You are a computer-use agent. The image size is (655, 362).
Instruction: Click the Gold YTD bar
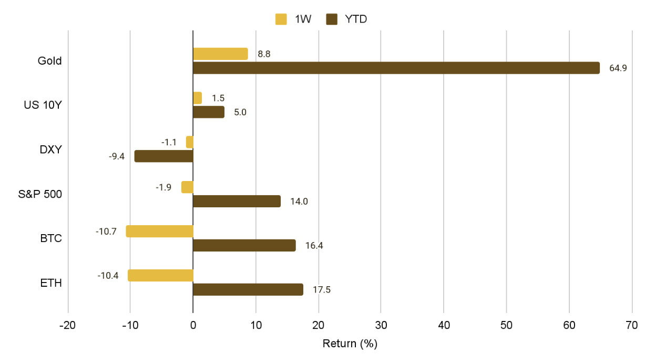click(x=396, y=68)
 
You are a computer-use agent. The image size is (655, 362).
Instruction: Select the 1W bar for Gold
click(x=220, y=54)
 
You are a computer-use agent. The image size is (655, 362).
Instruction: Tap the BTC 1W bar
click(x=159, y=231)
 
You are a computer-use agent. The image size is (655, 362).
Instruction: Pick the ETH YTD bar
click(x=248, y=289)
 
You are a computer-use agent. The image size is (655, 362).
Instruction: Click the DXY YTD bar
click(x=164, y=156)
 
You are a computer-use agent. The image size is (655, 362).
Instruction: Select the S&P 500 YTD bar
click(x=237, y=201)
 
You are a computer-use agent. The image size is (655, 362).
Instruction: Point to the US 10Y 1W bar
click(x=197, y=98)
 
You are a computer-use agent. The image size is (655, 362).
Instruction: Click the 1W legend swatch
click(x=281, y=19)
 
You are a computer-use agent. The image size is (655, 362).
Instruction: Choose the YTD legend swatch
click(x=332, y=19)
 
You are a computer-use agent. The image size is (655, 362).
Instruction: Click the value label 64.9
click(x=618, y=68)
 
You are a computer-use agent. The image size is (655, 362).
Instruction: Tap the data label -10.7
click(x=106, y=231)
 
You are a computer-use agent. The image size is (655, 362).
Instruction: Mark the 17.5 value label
click(x=321, y=289)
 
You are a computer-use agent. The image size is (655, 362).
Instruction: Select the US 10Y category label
click(x=43, y=105)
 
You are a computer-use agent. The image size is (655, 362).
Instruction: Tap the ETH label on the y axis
click(x=51, y=283)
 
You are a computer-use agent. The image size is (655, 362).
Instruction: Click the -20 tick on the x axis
click(x=68, y=326)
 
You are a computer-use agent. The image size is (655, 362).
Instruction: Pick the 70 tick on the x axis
click(x=632, y=326)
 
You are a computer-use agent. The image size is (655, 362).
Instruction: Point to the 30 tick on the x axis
click(x=381, y=326)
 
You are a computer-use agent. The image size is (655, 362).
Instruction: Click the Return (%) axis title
click(x=350, y=344)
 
